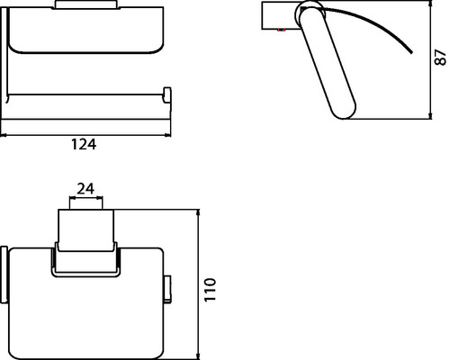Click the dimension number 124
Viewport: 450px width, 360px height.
pos(84,144)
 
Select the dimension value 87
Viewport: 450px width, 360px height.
pos(440,58)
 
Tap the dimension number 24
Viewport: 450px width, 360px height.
pos(85,189)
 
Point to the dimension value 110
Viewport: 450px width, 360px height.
pos(210,290)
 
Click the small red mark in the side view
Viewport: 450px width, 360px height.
pos(281,30)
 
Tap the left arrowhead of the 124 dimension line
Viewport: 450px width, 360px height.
pos(3,136)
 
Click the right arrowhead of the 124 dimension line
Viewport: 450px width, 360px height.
pos(168,136)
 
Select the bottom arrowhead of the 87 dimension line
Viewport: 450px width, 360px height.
pos(430,116)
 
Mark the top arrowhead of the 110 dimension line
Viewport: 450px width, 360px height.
pos(198,212)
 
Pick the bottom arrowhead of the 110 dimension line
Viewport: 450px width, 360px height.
pos(198,356)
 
